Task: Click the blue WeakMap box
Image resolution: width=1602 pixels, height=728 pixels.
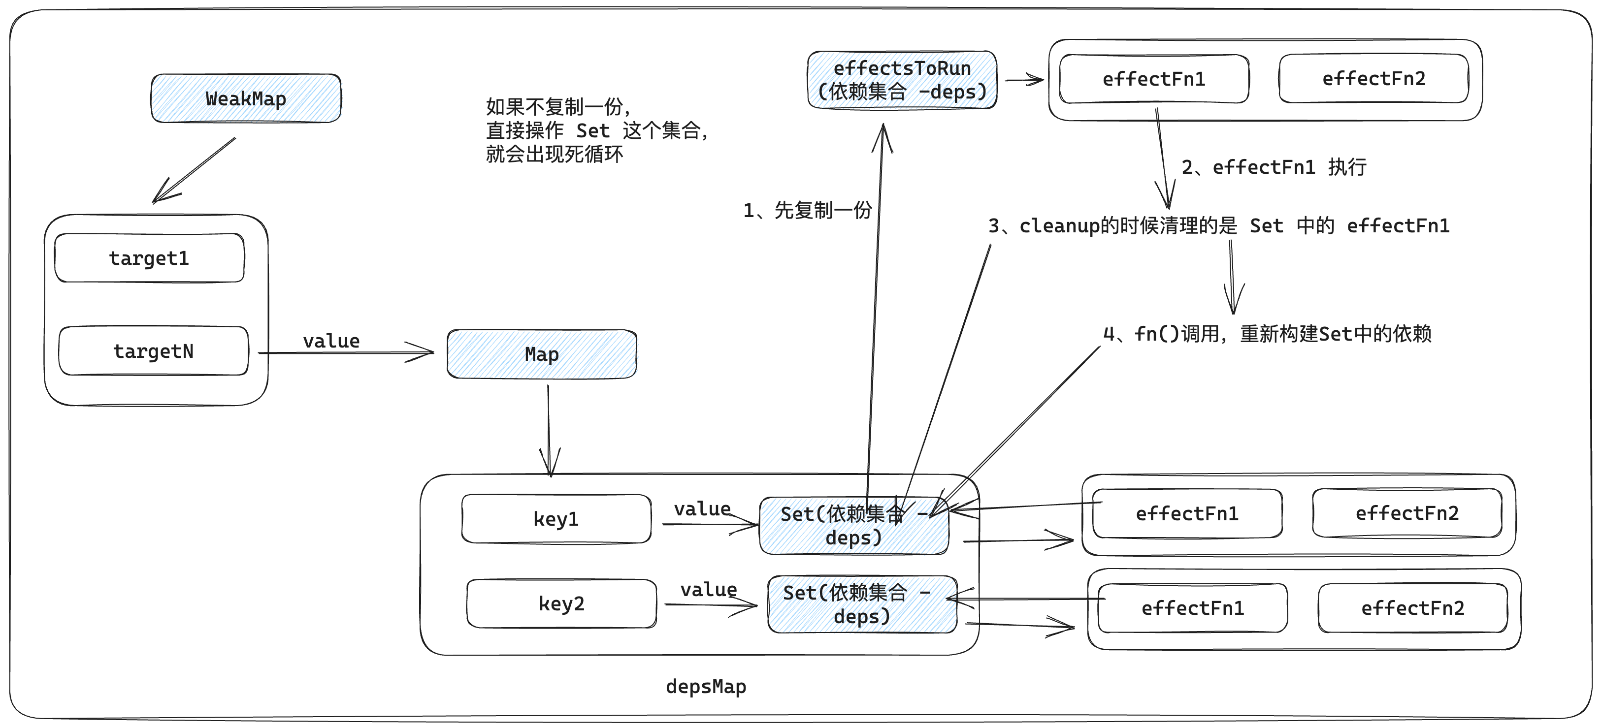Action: pos(246,98)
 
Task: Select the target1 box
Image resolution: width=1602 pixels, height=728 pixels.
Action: pos(149,258)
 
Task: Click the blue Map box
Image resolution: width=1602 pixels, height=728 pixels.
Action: pos(542,354)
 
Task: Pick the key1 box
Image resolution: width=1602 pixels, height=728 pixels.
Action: pos(556,518)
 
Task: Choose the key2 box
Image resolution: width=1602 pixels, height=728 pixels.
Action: pos(561,603)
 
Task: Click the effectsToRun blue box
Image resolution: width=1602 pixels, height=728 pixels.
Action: pos(902,80)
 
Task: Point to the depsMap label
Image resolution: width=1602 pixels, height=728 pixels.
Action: pos(706,686)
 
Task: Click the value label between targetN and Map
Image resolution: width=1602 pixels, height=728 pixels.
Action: pos(331,341)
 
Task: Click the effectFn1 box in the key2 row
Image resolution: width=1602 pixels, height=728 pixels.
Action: pos(1192,608)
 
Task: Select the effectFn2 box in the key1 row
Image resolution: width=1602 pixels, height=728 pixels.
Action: pos(1406,513)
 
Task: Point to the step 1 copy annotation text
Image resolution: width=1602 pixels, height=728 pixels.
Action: pos(807,210)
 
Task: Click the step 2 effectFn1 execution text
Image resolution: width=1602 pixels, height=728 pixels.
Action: pos(1274,166)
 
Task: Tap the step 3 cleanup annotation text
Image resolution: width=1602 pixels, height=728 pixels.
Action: pos(1218,225)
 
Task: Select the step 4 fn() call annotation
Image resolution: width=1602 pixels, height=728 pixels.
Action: pos(1267,334)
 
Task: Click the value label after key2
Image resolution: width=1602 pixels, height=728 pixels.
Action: pos(708,589)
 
